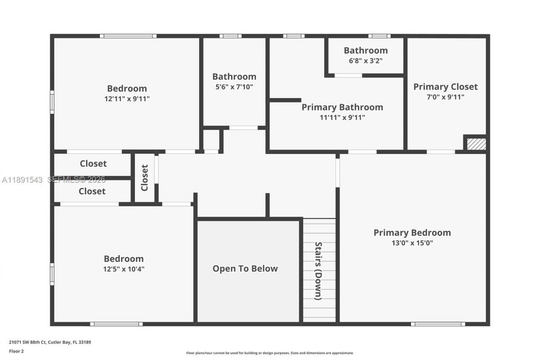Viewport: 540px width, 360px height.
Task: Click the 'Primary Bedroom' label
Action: pos(412,233)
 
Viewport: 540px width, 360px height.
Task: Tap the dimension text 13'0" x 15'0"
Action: pos(412,243)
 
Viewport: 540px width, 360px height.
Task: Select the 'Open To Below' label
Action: pos(245,268)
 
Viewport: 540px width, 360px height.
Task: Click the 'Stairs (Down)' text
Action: pos(319,271)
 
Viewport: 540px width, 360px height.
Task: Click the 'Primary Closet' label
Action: pos(445,87)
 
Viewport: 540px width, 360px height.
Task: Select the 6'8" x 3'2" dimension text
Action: pos(365,60)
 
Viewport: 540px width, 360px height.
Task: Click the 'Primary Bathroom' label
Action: pos(342,107)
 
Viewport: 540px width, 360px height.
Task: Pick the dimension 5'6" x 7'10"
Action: pos(234,87)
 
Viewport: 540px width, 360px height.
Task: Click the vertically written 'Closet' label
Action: pos(145,178)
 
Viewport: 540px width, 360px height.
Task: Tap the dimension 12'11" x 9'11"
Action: pos(127,99)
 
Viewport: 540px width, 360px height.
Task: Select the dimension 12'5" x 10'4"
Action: pos(124,269)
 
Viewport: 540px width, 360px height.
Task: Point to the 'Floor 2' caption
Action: pos(16,351)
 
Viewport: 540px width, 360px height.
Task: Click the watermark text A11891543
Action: pos(22,180)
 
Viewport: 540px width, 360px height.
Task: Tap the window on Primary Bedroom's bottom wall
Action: pos(438,324)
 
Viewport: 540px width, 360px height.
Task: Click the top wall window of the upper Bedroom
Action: pos(128,36)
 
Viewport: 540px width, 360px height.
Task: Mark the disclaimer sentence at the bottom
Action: pos(270,353)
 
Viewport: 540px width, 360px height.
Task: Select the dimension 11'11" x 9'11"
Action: pos(342,118)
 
